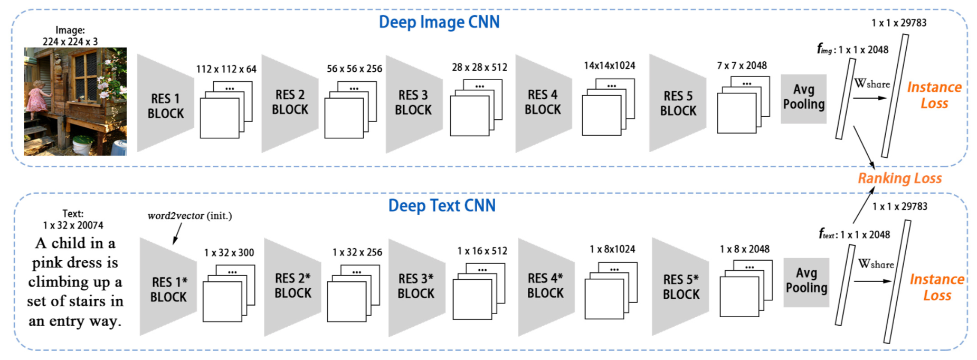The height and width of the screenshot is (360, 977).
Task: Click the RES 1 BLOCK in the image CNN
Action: pos(165,103)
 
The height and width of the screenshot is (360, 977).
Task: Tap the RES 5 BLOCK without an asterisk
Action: pos(678,103)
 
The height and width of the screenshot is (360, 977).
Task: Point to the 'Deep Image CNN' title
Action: pos(439,22)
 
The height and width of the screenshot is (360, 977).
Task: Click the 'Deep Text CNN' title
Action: pos(442,205)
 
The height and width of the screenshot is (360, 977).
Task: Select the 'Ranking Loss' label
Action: pos(899,178)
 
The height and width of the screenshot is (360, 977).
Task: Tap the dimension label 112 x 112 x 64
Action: pos(226,69)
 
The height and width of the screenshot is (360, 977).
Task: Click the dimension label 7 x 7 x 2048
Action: pos(742,65)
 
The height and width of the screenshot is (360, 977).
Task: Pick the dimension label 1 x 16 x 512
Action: pos(482,251)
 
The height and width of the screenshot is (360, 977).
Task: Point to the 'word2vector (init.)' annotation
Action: pos(189,215)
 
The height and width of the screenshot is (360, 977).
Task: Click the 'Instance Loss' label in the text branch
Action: pos(937,287)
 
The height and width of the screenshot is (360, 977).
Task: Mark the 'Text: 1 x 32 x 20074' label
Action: pos(73,220)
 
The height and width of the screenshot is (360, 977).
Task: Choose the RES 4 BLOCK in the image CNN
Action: pos(543,102)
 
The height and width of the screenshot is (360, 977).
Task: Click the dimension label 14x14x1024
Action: pos(609,65)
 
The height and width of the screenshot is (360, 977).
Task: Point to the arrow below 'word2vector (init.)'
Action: pos(178,233)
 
